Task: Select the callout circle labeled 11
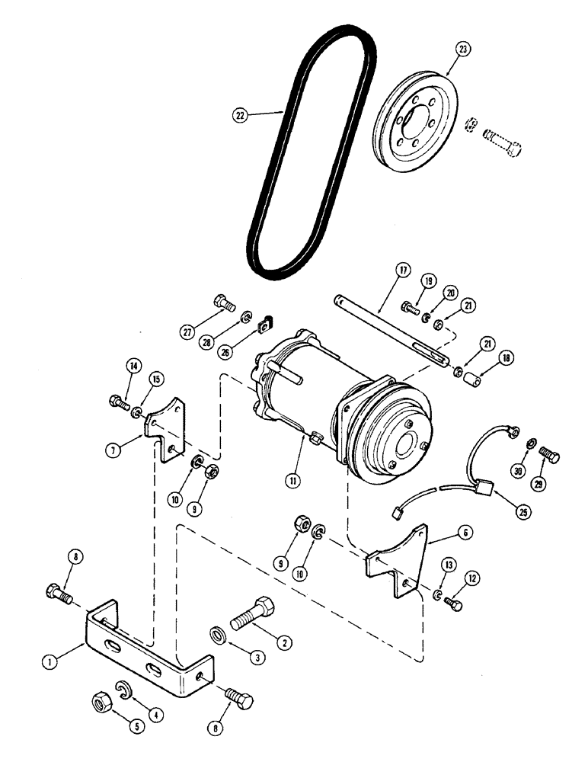click(x=291, y=481)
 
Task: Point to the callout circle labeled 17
click(x=402, y=270)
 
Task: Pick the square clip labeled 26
click(x=268, y=326)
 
